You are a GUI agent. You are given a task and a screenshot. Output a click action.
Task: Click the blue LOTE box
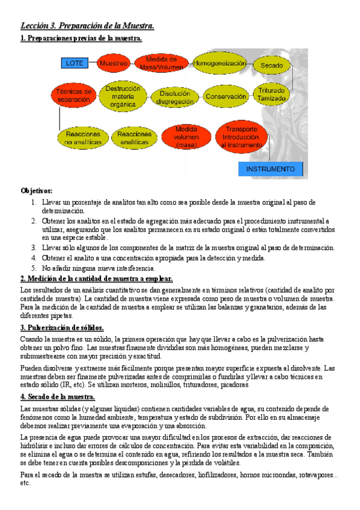pos(75,63)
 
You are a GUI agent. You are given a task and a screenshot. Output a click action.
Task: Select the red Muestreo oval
pos(114,63)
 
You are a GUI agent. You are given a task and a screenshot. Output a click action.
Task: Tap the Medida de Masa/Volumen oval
pos(161,63)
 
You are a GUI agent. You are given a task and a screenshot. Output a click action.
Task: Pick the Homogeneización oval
pos(219,63)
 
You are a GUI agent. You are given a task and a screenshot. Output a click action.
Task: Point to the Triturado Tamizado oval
pos(272,94)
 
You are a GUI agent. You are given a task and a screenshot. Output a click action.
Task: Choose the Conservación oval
pos(226,96)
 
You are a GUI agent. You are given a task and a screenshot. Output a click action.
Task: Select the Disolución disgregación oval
pos(175,97)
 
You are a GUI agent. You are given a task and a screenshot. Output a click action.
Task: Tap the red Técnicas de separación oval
pos(73,95)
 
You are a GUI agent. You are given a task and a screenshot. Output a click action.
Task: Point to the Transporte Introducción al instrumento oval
pos(240,137)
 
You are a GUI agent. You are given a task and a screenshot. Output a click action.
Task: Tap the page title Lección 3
pos(87,25)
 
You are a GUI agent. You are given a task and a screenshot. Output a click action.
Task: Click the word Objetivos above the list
pos(37,191)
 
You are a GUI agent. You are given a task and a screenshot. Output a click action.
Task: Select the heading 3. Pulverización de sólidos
pos(62,328)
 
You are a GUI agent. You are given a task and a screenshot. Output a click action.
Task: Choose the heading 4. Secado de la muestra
pos(58,397)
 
